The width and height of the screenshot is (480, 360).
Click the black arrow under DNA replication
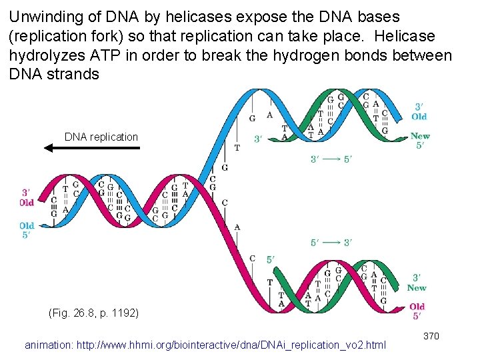pos(92,148)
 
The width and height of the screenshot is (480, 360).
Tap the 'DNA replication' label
pos(101,137)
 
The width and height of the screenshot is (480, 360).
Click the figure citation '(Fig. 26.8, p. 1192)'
pos(94,312)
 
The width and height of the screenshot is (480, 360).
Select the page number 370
pos(431,336)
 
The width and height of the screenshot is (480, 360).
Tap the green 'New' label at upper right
pos(420,136)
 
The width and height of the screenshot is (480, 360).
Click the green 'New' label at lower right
pos(417,288)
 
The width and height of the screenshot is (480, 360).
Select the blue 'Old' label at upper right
pos(419,117)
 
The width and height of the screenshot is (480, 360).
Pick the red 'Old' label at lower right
pos(417,307)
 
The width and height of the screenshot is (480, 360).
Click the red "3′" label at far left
pos(27,192)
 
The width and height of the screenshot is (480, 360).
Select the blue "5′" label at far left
pos(27,235)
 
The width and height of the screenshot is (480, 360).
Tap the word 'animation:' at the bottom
pos(49,345)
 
